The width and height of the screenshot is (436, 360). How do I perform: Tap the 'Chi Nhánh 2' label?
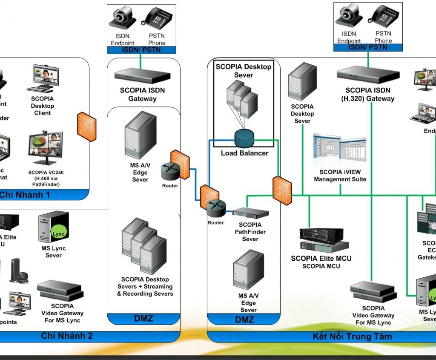pyautogui.click(x=67, y=336)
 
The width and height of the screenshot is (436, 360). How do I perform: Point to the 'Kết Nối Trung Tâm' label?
pyautogui.click(x=352, y=336)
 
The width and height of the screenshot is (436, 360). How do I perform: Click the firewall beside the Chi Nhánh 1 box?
pyautogui.click(x=86, y=127)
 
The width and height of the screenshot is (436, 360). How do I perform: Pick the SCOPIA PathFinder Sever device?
pyautogui.click(x=250, y=213)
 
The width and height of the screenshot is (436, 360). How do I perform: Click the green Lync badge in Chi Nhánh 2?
pyautogui.click(x=57, y=234)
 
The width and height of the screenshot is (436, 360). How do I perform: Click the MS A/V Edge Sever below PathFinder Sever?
pyautogui.click(x=248, y=270)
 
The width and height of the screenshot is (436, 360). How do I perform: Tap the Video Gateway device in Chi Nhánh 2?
pyautogui.click(x=60, y=291)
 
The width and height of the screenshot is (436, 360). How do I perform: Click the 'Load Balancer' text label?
pyautogui.click(x=244, y=153)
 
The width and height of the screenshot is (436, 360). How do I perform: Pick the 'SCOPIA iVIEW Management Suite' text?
pyautogui.click(x=340, y=176)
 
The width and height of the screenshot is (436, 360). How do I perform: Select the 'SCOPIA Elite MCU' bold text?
pyautogui.click(x=321, y=258)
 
